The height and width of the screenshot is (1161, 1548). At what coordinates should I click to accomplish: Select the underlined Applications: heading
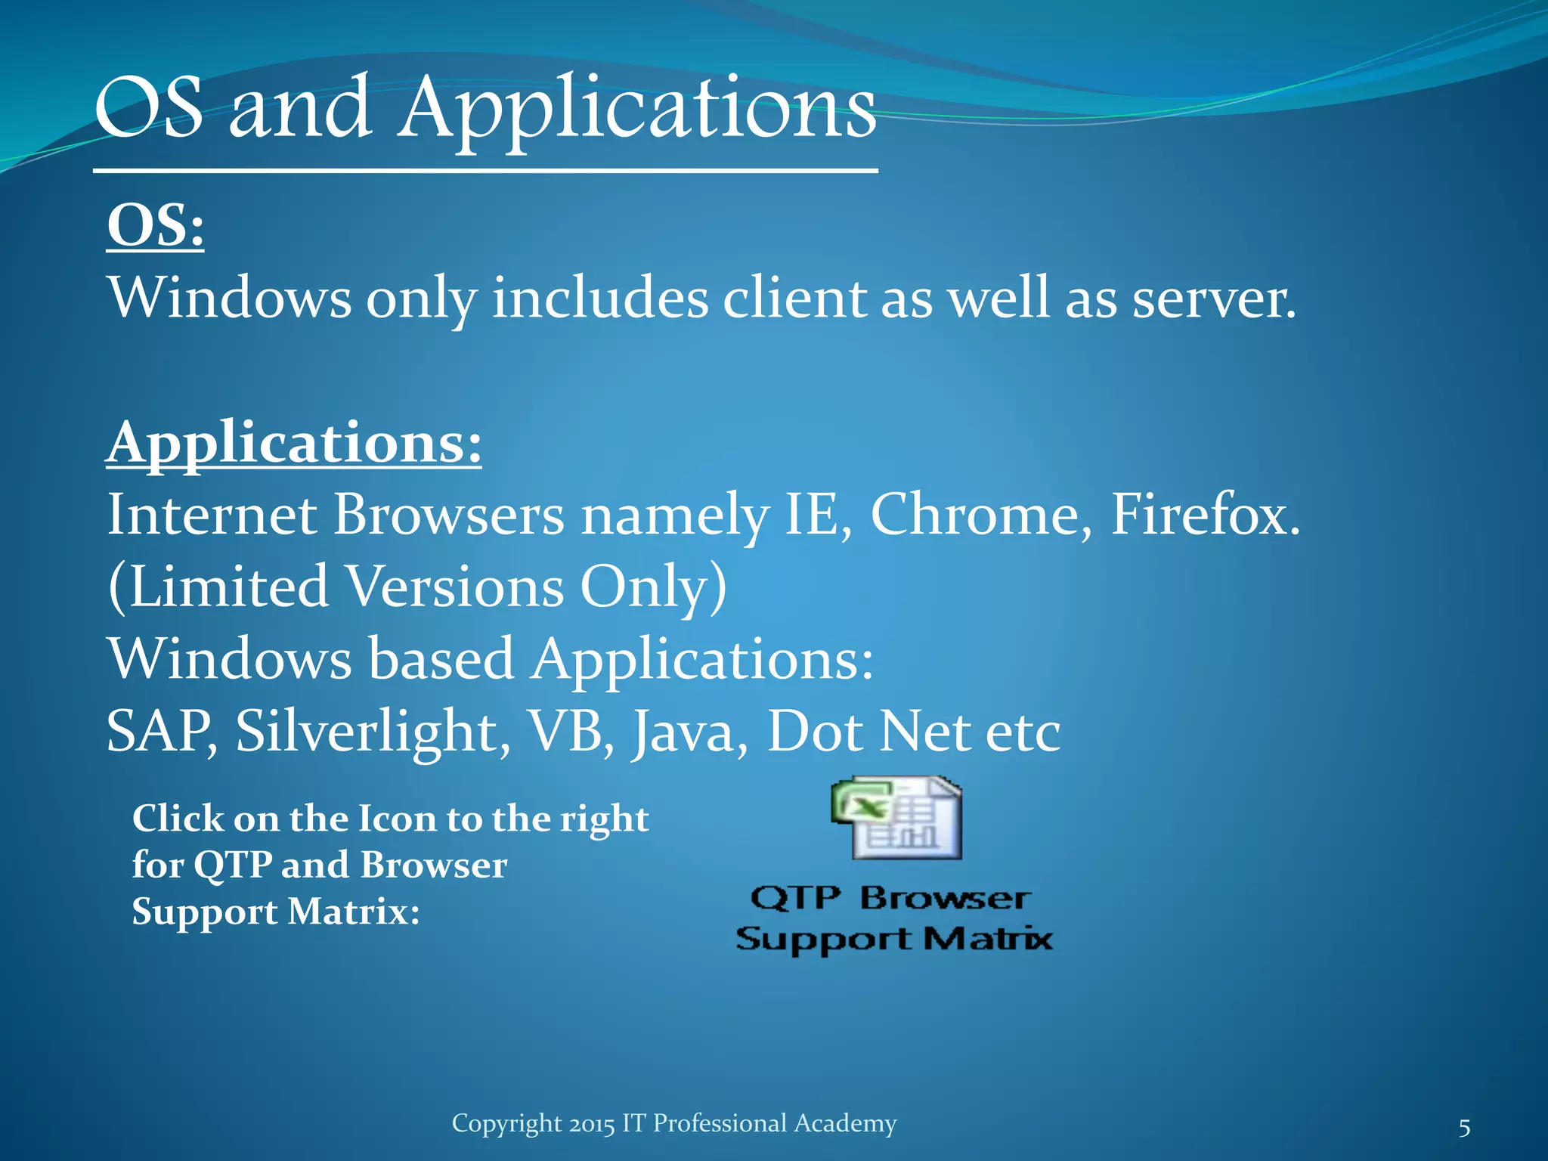pyautogui.click(x=293, y=443)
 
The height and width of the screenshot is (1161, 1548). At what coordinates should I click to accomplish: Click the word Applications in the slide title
pyautogui.click(x=638, y=110)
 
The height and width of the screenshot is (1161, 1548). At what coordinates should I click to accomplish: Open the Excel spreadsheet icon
pyautogui.click(x=896, y=818)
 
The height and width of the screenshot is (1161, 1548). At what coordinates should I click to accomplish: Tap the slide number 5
pyautogui.click(x=1464, y=1128)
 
